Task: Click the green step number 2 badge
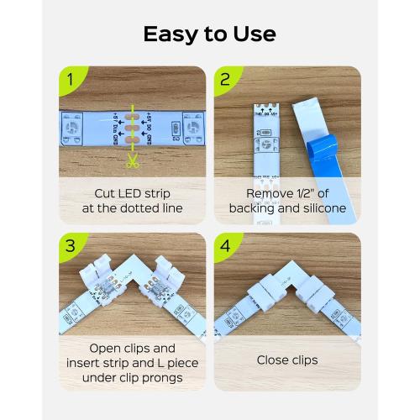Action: [x=225, y=81]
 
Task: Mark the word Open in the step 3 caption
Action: [x=107, y=346]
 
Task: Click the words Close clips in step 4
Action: [x=287, y=360]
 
